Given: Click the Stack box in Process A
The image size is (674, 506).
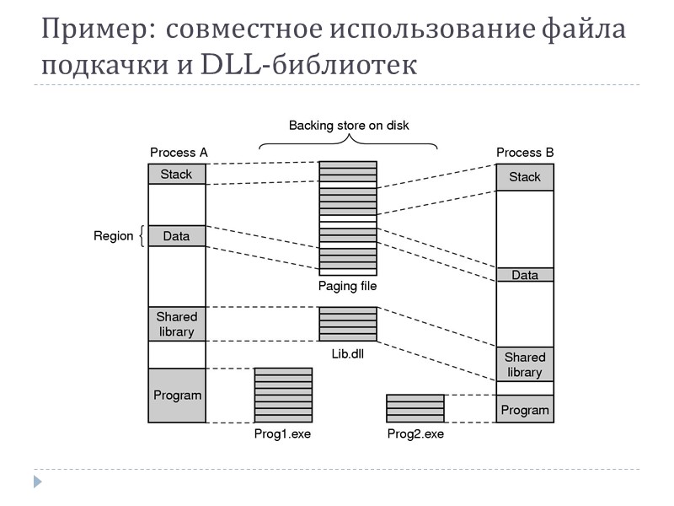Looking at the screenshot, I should click(177, 175).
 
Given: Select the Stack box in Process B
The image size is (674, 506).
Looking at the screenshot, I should click(524, 177).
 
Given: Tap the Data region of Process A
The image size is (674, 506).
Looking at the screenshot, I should click(177, 236).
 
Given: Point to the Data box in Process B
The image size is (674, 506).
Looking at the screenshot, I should click(524, 275).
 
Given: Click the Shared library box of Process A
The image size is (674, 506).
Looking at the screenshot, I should click(177, 324).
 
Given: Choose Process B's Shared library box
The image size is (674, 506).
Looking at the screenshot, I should click(524, 364).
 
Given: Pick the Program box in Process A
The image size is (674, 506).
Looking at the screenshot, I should click(177, 395).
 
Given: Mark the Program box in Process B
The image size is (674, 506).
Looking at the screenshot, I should click(524, 411).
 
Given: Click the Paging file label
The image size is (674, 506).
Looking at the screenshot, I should click(347, 286).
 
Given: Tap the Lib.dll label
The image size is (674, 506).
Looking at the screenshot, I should click(347, 354).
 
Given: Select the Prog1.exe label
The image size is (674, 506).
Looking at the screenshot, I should click(282, 434).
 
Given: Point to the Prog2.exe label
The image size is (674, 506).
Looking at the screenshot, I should click(415, 434).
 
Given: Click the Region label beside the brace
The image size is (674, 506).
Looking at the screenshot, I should click(114, 236).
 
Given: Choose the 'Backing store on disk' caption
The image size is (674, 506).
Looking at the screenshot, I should click(349, 126).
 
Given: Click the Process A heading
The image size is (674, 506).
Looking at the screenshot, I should click(179, 153).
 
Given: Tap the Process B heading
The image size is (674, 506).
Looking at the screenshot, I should click(525, 153).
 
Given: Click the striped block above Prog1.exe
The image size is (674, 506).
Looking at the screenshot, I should click(283, 395).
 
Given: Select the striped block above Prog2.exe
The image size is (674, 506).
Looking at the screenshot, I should click(415, 408).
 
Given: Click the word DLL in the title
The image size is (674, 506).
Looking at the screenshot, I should click(232, 65).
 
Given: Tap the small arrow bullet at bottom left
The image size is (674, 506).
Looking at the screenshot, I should click(37, 482).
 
